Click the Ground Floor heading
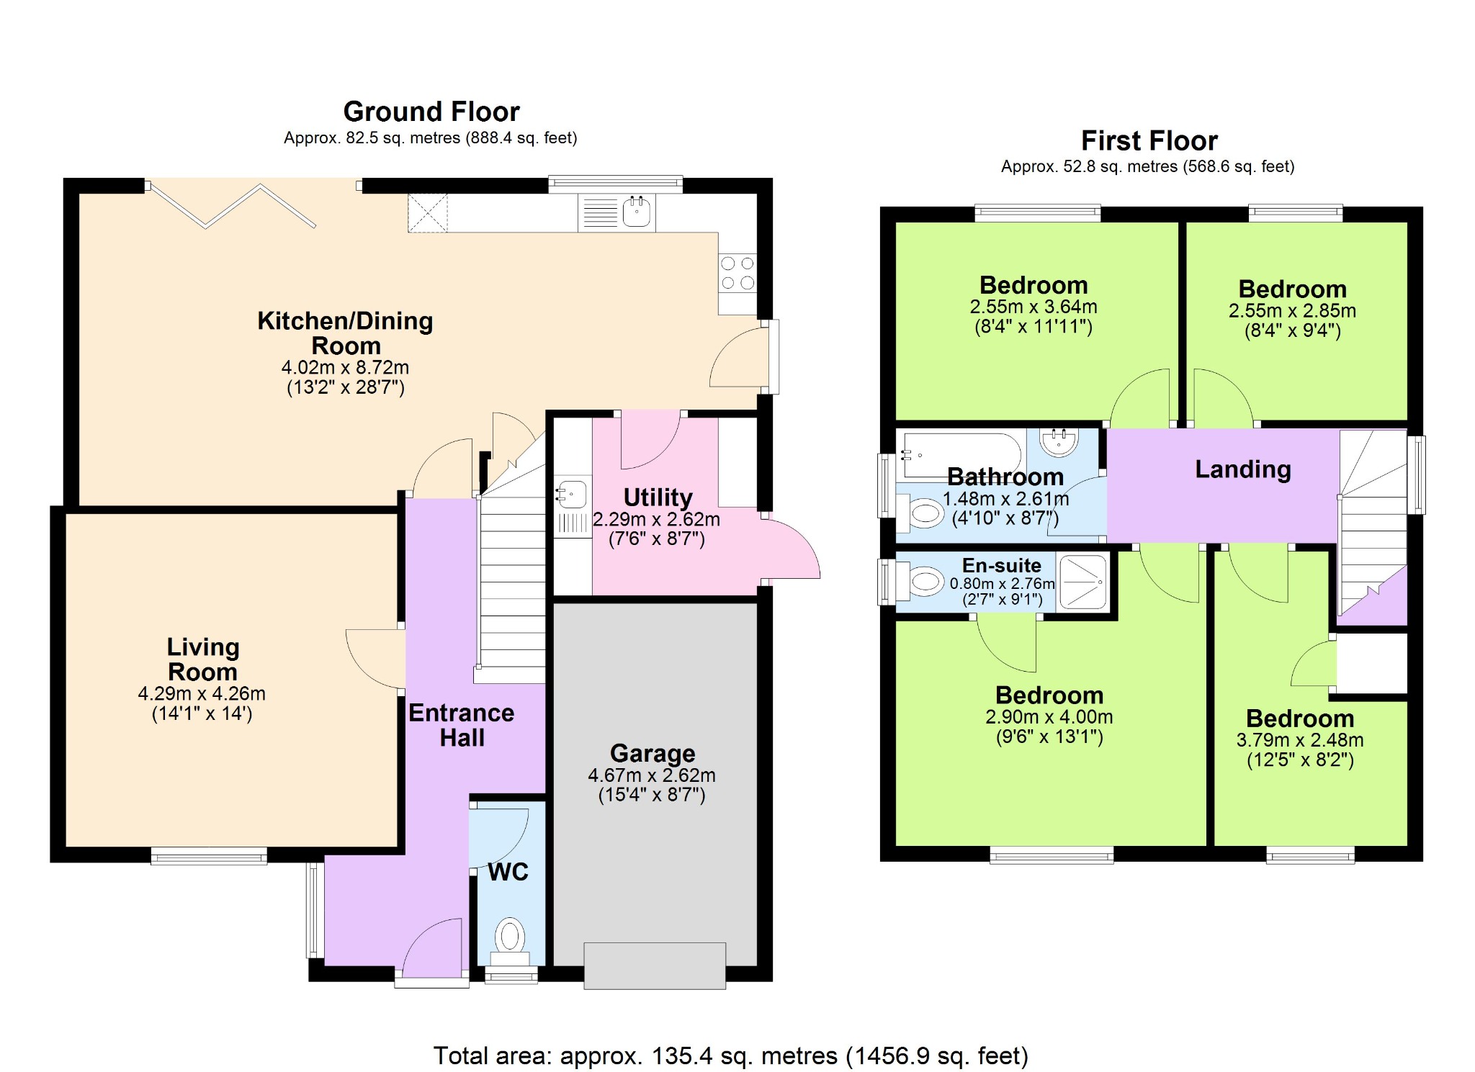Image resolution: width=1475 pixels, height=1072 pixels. coord(431,112)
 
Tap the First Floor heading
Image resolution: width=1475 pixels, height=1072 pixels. coord(1149,140)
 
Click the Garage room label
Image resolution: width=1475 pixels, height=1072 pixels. coord(653,753)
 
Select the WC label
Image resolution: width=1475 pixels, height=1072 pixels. coord(508,872)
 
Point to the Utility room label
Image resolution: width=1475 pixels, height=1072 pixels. coord(658,497)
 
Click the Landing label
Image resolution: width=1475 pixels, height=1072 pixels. coord(1243,469)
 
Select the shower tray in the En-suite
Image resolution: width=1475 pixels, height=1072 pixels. coord(1083,582)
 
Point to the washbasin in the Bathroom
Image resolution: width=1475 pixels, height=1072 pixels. coord(1059,443)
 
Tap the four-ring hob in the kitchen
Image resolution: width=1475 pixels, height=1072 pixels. coord(737,273)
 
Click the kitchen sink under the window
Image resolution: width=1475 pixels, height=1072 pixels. coord(637,212)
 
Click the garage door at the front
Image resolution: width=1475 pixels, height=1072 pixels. coord(655,965)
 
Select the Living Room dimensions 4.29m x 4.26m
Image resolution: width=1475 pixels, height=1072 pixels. coord(202,694)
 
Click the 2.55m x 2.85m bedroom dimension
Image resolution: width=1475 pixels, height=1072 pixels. coord(1292,311)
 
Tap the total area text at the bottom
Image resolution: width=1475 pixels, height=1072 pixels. coord(731,1056)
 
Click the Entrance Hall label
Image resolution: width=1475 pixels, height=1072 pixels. coord(462,725)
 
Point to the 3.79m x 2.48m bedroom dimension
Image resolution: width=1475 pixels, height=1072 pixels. coord(1300,740)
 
